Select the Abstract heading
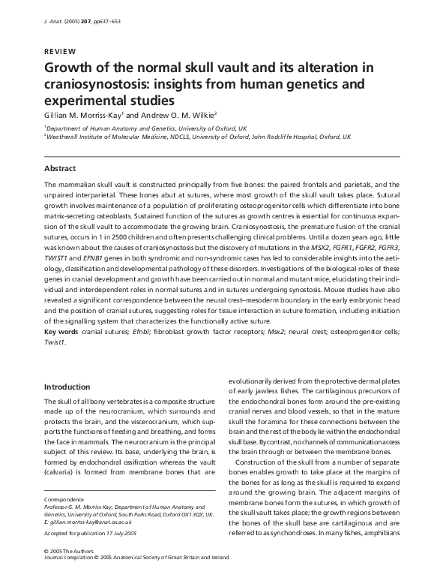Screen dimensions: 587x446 tap(60, 168)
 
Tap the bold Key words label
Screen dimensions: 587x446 tap(62, 331)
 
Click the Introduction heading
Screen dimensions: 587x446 tap(67, 387)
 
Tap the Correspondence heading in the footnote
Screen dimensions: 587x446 tap(64, 498)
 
